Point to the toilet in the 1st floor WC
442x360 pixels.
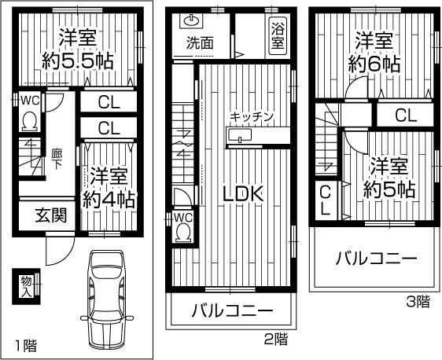point(29,122)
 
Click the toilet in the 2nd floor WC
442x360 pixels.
point(183,231)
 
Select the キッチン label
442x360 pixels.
point(252,116)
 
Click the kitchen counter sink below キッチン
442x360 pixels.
point(238,137)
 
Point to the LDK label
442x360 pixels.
point(241,193)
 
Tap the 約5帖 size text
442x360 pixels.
point(389,189)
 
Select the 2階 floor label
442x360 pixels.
point(275,340)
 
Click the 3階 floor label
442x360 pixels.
point(418,300)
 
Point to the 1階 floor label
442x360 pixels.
point(25,344)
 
